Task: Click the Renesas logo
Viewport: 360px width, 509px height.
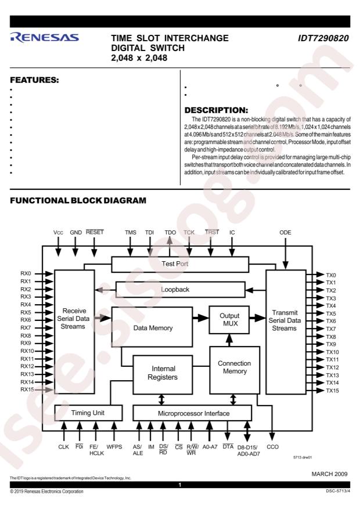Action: tap(44, 38)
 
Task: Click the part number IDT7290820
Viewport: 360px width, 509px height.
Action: tap(323, 38)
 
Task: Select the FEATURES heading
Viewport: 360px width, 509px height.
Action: tap(34, 80)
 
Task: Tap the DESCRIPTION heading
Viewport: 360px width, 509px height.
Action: tap(216, 110)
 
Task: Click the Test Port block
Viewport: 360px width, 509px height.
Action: tap(180, 264)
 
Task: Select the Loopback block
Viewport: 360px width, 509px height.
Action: tap(180, 290)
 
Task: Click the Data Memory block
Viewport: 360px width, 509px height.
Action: tap(152, 327)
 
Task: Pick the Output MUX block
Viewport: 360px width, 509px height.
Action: tap(229, 320)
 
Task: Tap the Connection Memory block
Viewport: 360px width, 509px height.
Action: tap(235, 370)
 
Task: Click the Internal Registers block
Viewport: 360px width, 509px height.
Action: tap(163, 374)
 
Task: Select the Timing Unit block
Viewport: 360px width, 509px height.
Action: tap(88, 413)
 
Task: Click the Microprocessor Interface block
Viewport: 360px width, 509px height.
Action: tap(193, 413)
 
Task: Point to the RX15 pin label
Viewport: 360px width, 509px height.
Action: tap(27, 389)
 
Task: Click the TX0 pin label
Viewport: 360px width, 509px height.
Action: tap(331, 275)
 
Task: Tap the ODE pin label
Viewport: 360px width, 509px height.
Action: tap(285, 232)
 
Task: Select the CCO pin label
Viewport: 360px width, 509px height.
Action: tap(273, 447)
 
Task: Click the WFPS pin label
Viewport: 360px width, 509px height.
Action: tap(114, 447)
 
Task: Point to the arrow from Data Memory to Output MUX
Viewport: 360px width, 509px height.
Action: tap(201, 318)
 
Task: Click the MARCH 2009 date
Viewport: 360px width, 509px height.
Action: tap(329, 474)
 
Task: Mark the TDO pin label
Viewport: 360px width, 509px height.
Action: tap(170, 232)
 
